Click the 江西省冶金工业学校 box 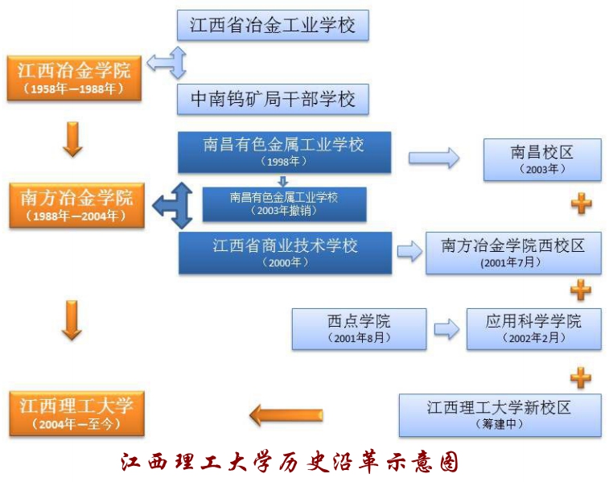pos(273,25)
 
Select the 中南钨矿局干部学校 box pos(273,99)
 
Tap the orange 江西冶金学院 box pos(74,79)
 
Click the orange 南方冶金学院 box pos(77,205)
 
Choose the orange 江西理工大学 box pos(77,414)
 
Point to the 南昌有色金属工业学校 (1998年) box pos(284,152)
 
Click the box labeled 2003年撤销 pos(284,204)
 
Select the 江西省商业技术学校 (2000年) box pos(285,253)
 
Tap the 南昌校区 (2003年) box pos(542,159)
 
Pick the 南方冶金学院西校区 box pos(513,253)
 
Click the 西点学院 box pos(359,329)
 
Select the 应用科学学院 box pos(533,329)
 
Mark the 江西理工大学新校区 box pos(500,415)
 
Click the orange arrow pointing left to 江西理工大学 pos(286,415)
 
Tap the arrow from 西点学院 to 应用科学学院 pos(446,329)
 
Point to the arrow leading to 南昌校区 pos(434,158)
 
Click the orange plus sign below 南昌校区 pos(582,203)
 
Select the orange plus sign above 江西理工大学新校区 pos(581,377)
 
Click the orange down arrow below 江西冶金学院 pos(72,139)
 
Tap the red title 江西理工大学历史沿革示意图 pos(290,462)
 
